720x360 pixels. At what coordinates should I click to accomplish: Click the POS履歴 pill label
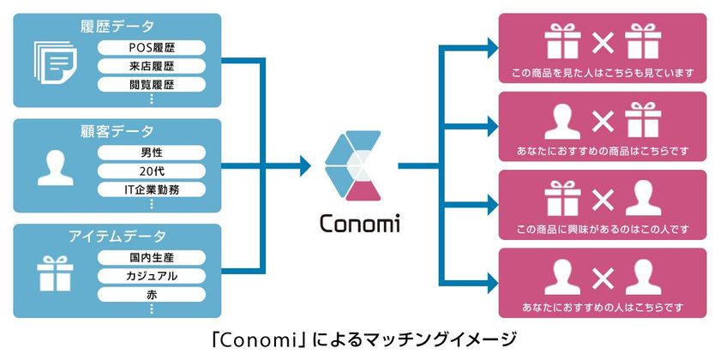click(152, 47)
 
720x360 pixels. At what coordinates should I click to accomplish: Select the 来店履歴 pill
click(152, 66)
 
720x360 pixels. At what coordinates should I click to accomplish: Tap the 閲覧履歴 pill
click(152, 85)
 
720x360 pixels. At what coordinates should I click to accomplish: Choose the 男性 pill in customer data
click(152, 153)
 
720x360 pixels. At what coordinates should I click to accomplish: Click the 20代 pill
click(152, 171)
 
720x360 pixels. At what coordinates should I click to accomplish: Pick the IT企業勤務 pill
click(152, 189)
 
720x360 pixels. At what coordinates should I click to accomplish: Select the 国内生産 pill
click(152, 257)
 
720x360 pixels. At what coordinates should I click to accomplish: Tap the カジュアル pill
click(152, 276)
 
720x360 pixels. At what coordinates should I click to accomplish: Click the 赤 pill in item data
click(152, 295)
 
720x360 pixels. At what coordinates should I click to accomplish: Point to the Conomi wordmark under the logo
click(359, 224)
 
